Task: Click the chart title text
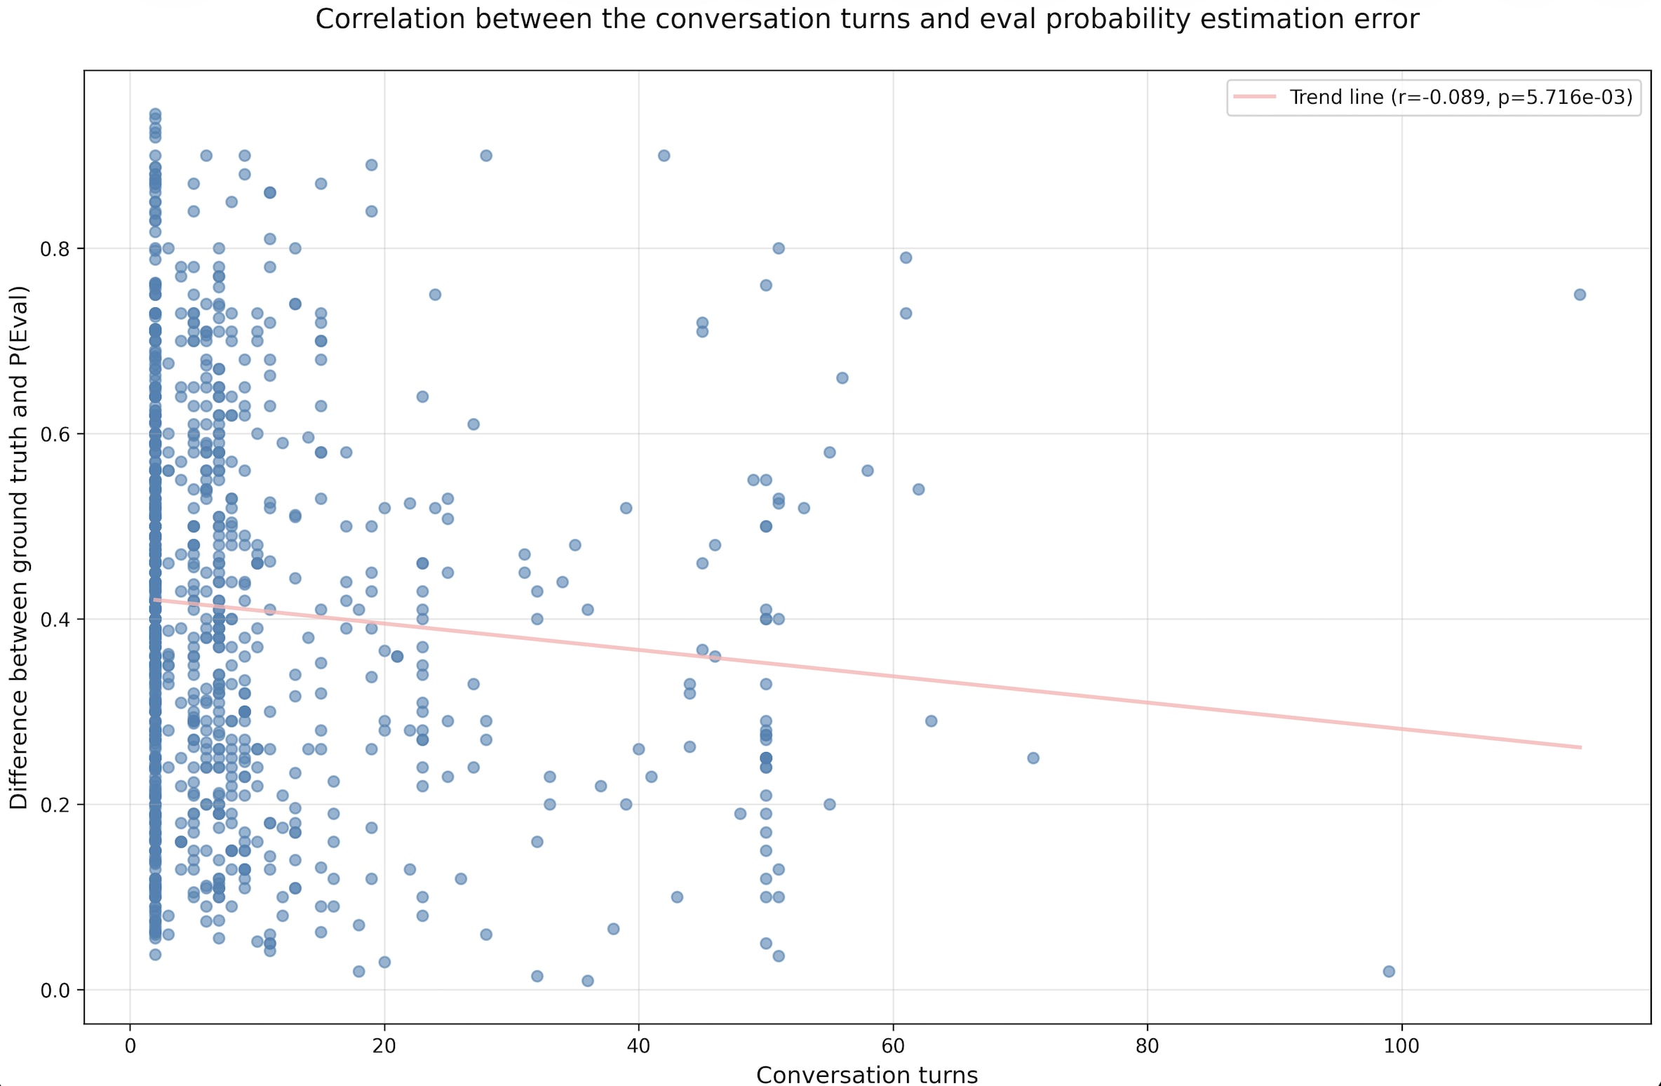click(x=867, y=19)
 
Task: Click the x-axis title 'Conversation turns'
click(x=867, y=1074)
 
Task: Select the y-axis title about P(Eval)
click(x=19, y=547)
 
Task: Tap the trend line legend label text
click(x=1461, y=97)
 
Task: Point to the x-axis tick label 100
click(x=1401, y=1046)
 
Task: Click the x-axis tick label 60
click(x=893, y=1046)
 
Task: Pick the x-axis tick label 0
click(x=130, y=1046)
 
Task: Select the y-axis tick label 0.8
click(x=58, y=248)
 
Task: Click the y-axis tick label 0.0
click(x=58, y=990)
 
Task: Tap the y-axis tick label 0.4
click(x=58, y=619)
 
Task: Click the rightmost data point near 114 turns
click(x=1580, y=295)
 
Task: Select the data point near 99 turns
click(x=1389, y=972)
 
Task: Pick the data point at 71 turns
click(x=1033, y=758)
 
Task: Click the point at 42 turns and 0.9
click(x=664, y=156)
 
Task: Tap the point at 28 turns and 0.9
click(x=486, y=156)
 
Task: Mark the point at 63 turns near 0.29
click(x=932, y=721)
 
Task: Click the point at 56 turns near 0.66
click(x=842, y=378)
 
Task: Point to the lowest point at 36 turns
click(x=588, y=981)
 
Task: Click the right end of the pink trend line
click(x=1580, y=747)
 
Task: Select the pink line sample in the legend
click(x=1255, y=97)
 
